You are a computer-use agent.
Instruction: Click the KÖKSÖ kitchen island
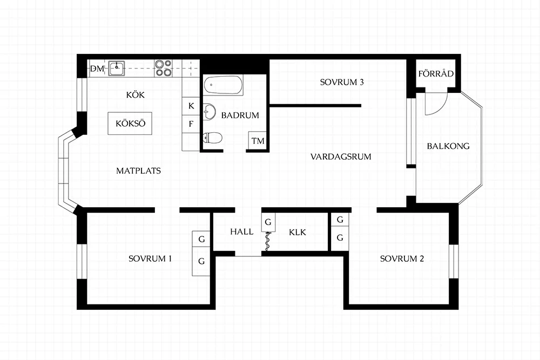pyautogui.click(x=130, y=123)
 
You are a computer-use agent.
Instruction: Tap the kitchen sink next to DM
pyautogui.click(x=117, y=68)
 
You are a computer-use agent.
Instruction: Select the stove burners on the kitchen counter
pyautogui.click(x=163, y=68)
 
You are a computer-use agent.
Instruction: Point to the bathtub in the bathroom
pyautogui.click(x=223, y=85)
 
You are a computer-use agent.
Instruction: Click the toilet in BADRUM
pyautogui.click(x=212, y=138)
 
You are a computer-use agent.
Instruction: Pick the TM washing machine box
pyautogui.click(x=257, y=140)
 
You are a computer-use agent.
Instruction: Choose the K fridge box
pyautogui.click(x=191, y=106)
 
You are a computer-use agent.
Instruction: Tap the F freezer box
pyautogui.click(x=191, y=124)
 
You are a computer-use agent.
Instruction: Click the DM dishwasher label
pyautogui.click(x=97, y=69)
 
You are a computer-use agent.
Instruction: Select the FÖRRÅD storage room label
pyautogui.click(x=436, y=73)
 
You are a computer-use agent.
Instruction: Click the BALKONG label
pyautogui.click(x=448, y=146)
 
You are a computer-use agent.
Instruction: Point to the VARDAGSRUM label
pyautogui.click(x=341, y=157)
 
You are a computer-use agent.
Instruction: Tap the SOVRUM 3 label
pyautogui.click(x=342, y=82)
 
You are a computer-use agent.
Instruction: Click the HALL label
pyautogui.click(x=242, y=232)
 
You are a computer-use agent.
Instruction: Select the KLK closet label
pyautogui.click(x=298, y=232)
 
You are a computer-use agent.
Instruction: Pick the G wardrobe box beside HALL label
pyautogui.click(x=268, y=222)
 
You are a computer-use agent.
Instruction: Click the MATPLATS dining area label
pyautogui.click(x=138, y=171)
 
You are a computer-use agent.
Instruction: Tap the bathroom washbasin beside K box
pyautogui.click(x=208, y=111)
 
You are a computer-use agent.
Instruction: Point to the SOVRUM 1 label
pyautogui.click(x=150, y=259)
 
